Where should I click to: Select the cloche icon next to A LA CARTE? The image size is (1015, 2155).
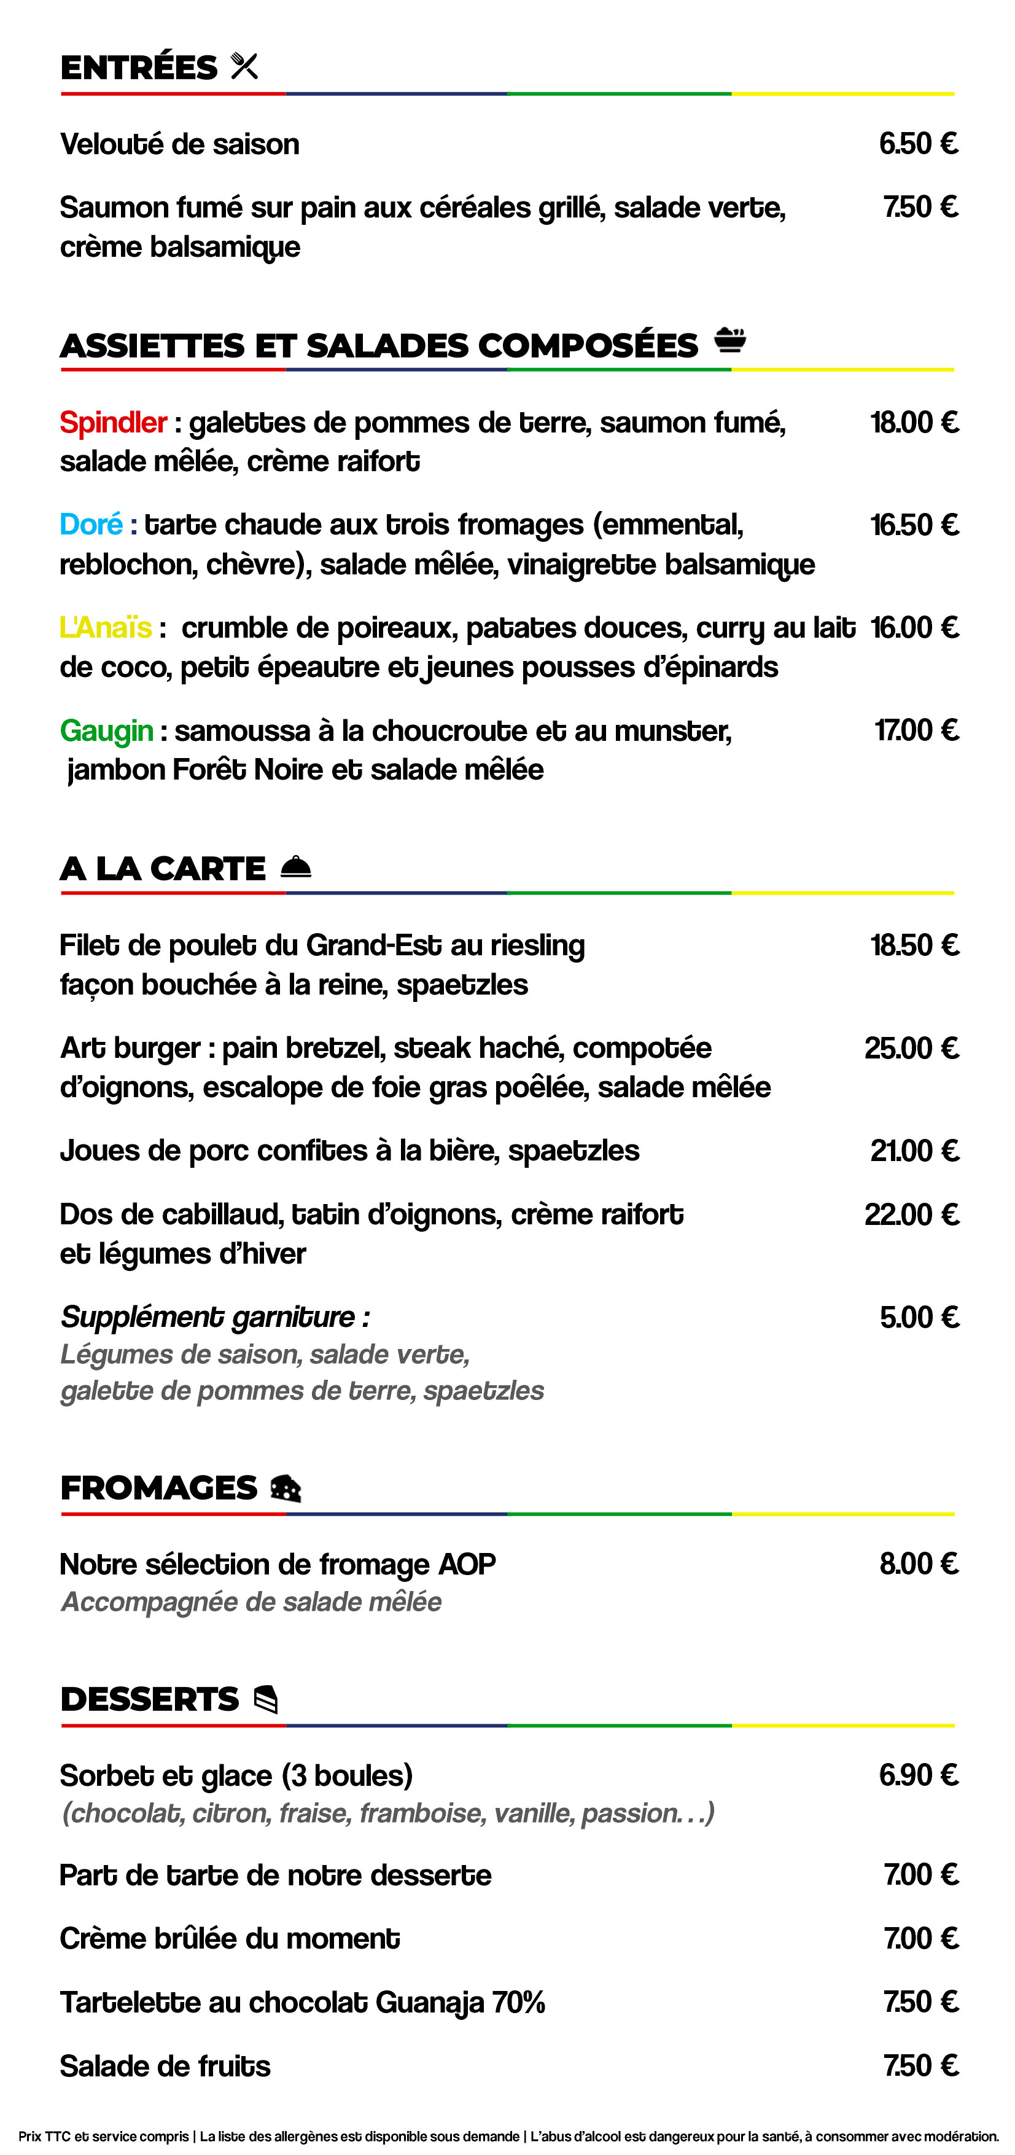tap(296, 867)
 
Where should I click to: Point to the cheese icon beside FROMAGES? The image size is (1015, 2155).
tap(285, 1488)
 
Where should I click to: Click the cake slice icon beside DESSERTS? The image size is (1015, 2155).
tap(265, 1699)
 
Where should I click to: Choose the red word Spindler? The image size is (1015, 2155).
tap(113, 423)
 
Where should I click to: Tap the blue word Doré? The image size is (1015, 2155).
tap(91, 525)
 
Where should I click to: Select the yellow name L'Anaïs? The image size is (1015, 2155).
tap(106, 627)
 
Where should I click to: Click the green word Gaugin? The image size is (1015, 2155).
tap(106, 731)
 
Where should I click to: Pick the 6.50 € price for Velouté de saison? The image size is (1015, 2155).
tap(917, 144)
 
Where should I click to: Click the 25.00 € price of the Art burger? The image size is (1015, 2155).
tap(911, 1048)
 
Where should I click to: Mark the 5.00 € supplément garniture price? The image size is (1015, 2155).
tap(918, 1318)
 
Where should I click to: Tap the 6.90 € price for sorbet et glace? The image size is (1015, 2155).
tap(917, 1775)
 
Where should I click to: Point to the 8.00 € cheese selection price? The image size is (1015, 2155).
tap(918, 1563)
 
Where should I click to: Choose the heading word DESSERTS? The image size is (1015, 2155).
tap(150, 1700)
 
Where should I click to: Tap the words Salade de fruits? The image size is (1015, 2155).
tap(165, 2067)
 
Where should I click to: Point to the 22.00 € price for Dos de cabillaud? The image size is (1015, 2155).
tap(911, 1214)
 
